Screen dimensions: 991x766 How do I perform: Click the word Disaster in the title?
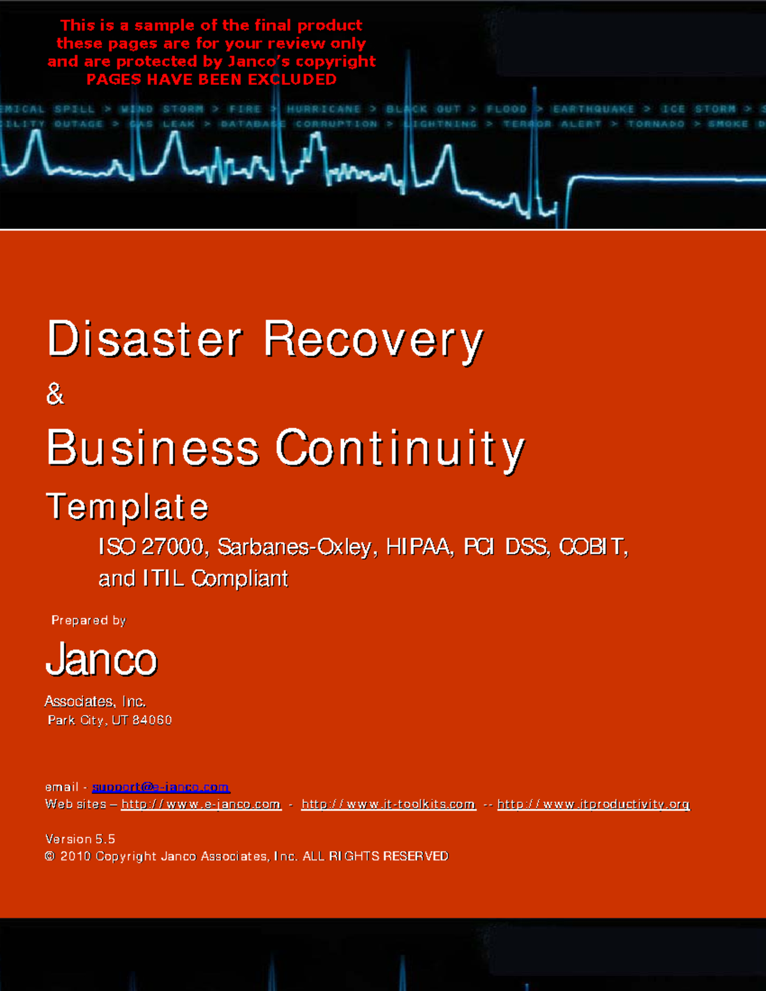(x=144, y=339)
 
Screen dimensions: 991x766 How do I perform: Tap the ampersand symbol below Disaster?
(x=55, y=394)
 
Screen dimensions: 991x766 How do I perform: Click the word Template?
(x=127, y=507)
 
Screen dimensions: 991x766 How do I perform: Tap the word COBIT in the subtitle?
(x=593, y=547)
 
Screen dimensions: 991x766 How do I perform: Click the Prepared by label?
(x=89, y=620)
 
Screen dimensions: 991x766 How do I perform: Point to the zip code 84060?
(x=152, y=720)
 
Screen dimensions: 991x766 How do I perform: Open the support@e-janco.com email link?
(x=160, y=787)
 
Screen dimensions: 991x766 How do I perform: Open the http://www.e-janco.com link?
(x=201, y=804)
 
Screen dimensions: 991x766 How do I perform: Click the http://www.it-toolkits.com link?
(x=388, y=804)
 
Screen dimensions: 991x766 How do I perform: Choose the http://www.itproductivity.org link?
(x=593, y=804)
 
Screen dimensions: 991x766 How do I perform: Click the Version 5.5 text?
(x=80, y=839)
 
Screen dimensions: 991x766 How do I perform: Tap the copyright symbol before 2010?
(x=50, y=856)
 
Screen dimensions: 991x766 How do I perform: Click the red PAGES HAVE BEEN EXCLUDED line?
(x=211, y=80)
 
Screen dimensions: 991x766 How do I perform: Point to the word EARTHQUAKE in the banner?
(x=594, y=109)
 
